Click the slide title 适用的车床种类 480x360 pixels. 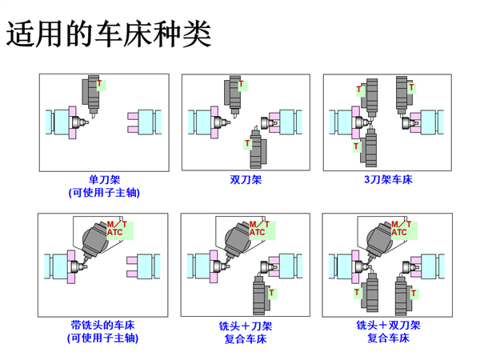(x=110, y=34)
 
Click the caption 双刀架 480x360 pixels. (x=246, y=180)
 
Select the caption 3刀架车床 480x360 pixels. (x=388, y=180)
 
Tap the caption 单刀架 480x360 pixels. (x=104, y=180)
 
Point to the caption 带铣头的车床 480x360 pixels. (x=103, y=326)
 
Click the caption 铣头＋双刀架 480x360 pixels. (x=388, y=326)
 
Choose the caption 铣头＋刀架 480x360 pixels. (x=246, y=326)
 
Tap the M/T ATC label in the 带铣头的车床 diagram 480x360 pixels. (x=114, y=228)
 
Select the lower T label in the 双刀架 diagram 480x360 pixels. (x=247, y=145)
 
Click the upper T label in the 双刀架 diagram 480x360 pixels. (x=240, y=83)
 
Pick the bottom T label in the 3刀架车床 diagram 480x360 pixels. (x=357, y=147)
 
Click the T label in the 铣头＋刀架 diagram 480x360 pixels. (x=271, y=293)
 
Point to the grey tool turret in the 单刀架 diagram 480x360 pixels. (x=89, y=94)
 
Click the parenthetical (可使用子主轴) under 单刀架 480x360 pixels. (x=104, y=193)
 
